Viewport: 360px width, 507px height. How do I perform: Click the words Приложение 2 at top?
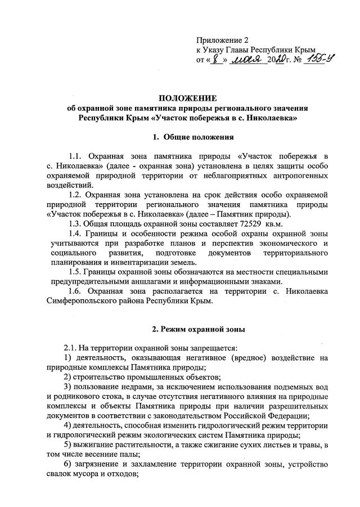(x=222, y=41)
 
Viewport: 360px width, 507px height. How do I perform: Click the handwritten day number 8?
(x=214, y=59)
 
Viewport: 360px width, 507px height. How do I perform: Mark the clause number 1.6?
(x=75, y=291)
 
